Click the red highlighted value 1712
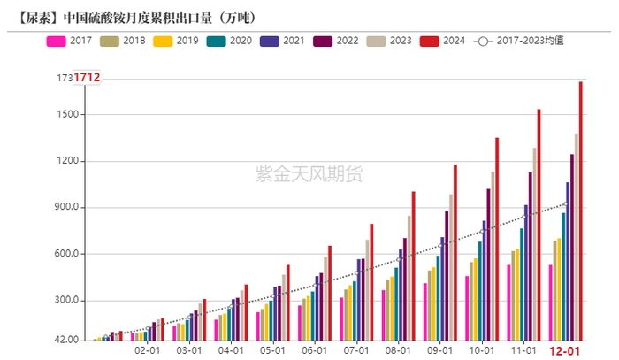(x=87, y=79)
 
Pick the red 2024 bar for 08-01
(x=413, y=265)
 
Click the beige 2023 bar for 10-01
(x=493, y=256)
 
